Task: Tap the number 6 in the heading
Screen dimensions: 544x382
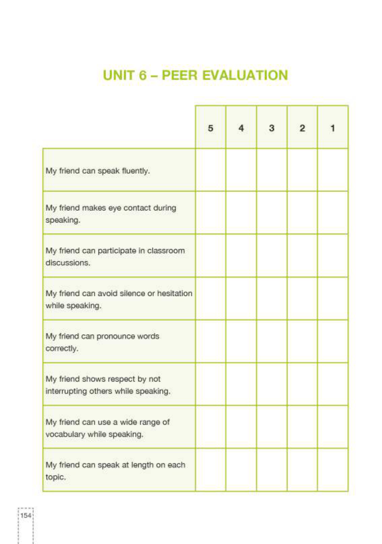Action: point(143,75)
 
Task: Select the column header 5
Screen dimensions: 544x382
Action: point(211,128)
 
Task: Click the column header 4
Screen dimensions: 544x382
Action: point(241,128)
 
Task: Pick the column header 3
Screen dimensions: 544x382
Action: point(272,128)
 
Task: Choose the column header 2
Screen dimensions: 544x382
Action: point(302,128)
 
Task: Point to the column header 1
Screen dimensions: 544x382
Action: point(332,128)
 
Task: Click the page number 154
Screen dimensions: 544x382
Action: point(26,515)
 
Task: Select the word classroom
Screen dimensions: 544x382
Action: point(166,251)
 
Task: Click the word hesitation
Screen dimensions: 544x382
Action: point(174,294)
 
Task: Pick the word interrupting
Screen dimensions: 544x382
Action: point(66,391)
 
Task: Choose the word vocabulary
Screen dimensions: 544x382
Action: point(65,434)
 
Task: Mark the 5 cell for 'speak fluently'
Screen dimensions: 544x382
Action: point(211,170)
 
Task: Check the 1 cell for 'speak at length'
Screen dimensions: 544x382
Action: point(332,470)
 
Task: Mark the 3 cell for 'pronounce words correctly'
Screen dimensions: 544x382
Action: point(272,341)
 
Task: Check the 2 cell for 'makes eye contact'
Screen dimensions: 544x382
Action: point(302,213)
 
